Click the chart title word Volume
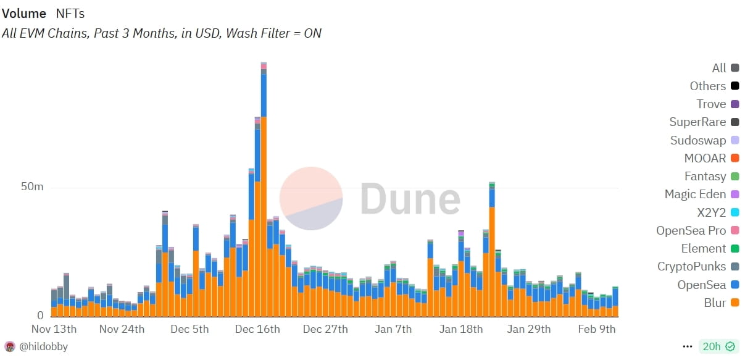click(24, 14)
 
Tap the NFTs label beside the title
click(70, 14)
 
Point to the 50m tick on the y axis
click(32, 186)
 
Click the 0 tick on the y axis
click(40, 315)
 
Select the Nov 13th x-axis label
click(54, 329)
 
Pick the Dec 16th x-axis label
click(257, 329)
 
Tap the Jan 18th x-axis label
click(461, 329)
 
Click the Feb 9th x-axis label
click(597, 329)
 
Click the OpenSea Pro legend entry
click(697, 230)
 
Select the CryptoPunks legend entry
click(698, 267)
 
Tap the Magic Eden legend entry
click(702, 194)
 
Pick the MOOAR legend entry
click(712, 158)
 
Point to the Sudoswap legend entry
click(705, 140)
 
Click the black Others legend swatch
click(735, 86)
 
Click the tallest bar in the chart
click(264, 190)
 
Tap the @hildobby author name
click(44, 346)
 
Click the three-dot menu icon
click(688, 346)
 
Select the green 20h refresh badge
click(718, 346)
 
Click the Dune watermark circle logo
click(311, 198)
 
